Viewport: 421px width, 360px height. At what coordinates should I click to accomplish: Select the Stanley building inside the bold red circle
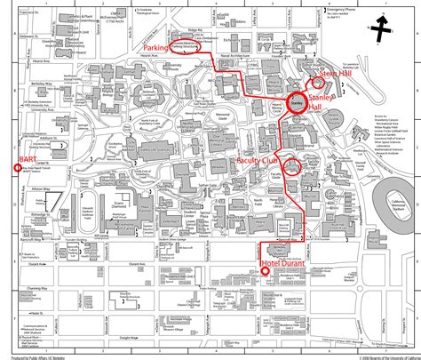coord(297,103)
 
